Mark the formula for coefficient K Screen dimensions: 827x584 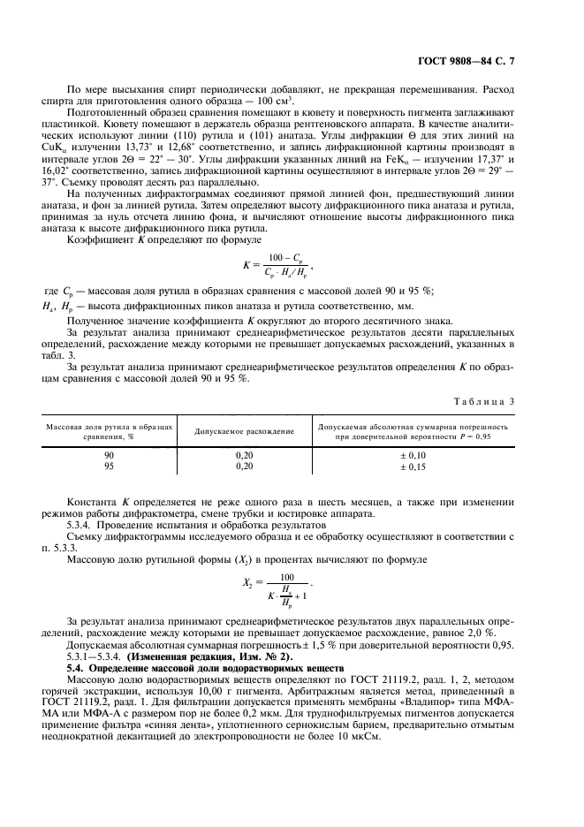277,264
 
